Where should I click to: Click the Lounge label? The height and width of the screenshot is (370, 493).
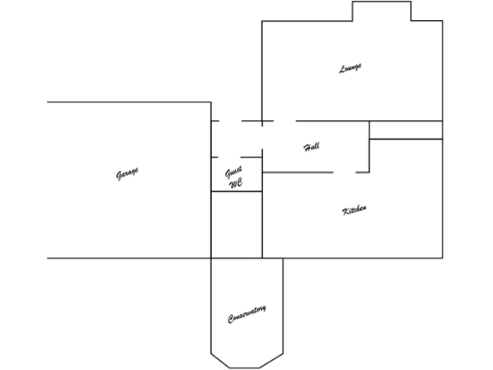(x=350, y=68)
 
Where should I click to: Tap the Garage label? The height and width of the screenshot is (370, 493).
(x=127, y=173)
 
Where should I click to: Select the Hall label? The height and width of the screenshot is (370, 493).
(x=311, y=147)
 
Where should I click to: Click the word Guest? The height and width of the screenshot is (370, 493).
(x=234, y=172)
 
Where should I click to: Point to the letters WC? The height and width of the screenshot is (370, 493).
(x=236, y=182)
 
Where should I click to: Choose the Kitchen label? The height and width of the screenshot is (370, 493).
(x=354, y=210)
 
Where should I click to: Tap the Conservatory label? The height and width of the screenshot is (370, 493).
(x=247, y=314)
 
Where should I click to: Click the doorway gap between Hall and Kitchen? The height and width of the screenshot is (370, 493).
(x=344, y=172)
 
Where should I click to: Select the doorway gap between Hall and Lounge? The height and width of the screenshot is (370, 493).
(x=283, y=120)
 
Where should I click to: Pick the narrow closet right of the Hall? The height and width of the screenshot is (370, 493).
(x=405, y=130)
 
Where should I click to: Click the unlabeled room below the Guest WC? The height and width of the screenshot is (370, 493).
(x=236, y=225)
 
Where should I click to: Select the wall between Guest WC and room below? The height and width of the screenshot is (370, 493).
(x=236, y=191)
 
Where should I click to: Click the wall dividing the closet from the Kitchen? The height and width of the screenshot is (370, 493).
(x=405, y=139)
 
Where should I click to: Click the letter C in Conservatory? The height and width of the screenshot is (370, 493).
(x=231, y=321)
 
